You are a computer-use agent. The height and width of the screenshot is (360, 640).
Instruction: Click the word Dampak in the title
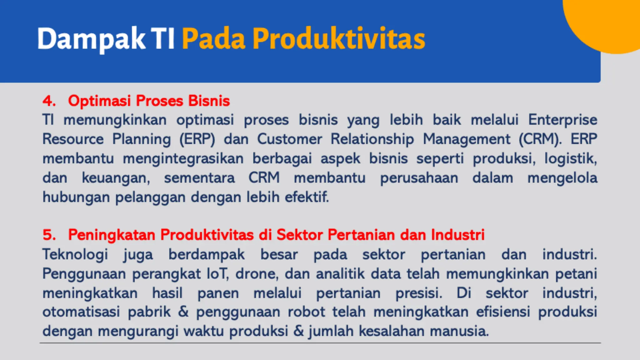[91, 39]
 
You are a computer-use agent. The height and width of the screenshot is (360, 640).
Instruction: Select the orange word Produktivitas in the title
[339, 39]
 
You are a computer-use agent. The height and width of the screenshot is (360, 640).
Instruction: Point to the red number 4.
[49, 101]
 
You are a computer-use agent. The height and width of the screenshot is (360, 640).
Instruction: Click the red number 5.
[49, 235]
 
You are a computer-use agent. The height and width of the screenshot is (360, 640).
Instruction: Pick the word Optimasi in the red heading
[99, 101]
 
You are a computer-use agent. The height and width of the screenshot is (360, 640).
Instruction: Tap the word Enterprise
[562, 120]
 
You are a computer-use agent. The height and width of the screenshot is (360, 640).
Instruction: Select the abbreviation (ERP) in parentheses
[197, 139]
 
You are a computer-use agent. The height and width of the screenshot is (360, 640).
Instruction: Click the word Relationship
[372, 139]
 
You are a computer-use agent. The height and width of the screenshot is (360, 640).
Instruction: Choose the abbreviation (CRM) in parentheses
[540, 139]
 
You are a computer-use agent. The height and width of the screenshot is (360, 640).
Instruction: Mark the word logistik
[571, 159]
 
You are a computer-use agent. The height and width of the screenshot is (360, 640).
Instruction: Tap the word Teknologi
[75, 254]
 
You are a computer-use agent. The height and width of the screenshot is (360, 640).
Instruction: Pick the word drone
[257, 274]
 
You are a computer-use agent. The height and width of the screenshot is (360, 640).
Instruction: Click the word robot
[306, 312]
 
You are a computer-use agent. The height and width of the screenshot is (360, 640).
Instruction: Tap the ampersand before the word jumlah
[298, 331]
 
